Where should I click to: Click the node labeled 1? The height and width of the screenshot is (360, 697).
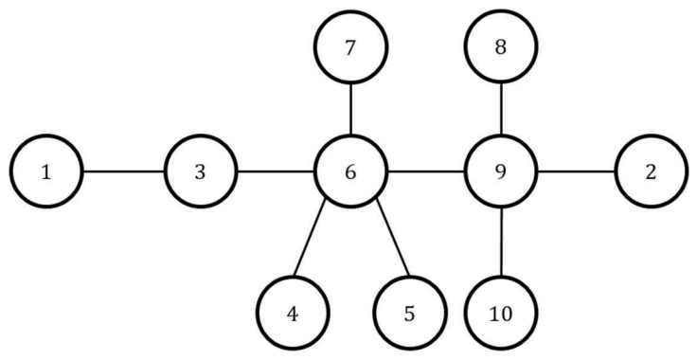click(46, 171)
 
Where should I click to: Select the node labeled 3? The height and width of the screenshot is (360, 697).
click(201, 171)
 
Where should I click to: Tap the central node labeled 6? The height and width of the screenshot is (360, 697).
click(350, 171)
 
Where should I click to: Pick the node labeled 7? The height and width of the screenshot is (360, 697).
click(350, 46)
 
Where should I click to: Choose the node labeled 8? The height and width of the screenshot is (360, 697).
click(501, 46)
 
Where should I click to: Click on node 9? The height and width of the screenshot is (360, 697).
click(501, 171)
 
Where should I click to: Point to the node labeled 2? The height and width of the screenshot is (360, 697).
click(651, 171)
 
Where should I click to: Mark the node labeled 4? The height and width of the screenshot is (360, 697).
click(293, 313)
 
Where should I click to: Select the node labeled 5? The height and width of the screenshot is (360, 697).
click(409, 313)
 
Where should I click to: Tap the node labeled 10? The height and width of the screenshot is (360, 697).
click(501, 313)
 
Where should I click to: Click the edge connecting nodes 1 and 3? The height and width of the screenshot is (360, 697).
click(123, 171)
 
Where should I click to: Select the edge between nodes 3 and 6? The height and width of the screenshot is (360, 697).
click(276, 171)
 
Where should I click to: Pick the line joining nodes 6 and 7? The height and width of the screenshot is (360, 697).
click(350, 109)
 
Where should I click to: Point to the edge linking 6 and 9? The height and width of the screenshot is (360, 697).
click(426, 171)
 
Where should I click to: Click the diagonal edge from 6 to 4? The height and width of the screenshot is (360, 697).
click(310, 237)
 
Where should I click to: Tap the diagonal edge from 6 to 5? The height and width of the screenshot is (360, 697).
click(392, 237)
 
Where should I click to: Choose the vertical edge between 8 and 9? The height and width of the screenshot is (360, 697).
click(501, 109)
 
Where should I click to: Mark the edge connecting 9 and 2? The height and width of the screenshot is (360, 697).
click(576, 171)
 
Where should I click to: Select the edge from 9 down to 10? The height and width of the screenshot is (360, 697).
click(501, 242)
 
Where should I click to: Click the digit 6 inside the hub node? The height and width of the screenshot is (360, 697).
click(350, 172)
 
